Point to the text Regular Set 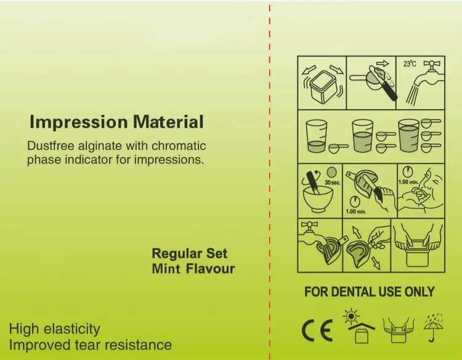(189, 253)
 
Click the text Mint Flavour (193, 269)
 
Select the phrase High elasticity (54, 329)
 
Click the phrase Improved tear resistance (90, 344)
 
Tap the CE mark (318, 331)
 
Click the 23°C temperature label (409, 63)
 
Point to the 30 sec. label (333, 184)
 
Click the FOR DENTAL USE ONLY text (369, 292)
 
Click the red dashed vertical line (270, 185)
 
